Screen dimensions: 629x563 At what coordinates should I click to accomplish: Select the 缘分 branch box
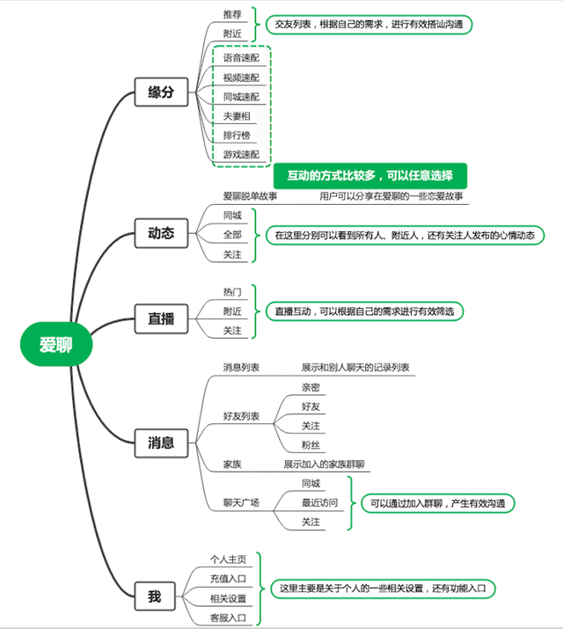tap(161, 91)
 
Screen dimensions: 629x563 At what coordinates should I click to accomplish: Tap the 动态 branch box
tap(161, 233)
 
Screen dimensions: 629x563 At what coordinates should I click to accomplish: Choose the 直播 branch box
tap(161, 318)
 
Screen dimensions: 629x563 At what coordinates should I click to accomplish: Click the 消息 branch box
tap(161, 443)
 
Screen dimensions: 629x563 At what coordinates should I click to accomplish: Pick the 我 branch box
tap(155, 597)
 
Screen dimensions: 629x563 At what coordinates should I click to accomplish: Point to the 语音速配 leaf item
tap(241, 58)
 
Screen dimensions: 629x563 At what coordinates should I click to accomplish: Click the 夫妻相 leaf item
tap(237, 116)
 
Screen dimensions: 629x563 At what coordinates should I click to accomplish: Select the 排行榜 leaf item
tap(237, 135)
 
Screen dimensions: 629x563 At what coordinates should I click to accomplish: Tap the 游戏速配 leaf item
tap(241, 155)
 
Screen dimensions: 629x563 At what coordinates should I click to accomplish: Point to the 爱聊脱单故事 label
tap(250, 196)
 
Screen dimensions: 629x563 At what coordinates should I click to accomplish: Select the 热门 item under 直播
tap(232, 291)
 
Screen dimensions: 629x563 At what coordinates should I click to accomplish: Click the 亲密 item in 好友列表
tap(311, 387)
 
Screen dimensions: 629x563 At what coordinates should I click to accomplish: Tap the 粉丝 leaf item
tap(311, 445)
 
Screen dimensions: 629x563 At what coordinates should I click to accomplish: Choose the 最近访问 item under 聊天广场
tap(319, 503)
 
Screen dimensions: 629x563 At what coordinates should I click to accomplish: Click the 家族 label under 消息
tap(232, 464)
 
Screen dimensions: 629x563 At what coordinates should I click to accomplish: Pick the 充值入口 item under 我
tap(227, 579)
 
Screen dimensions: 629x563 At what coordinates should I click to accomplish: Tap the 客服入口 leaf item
tap(227, 618)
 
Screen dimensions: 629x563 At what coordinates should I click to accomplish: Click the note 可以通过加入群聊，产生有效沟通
tap(437, 503)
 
